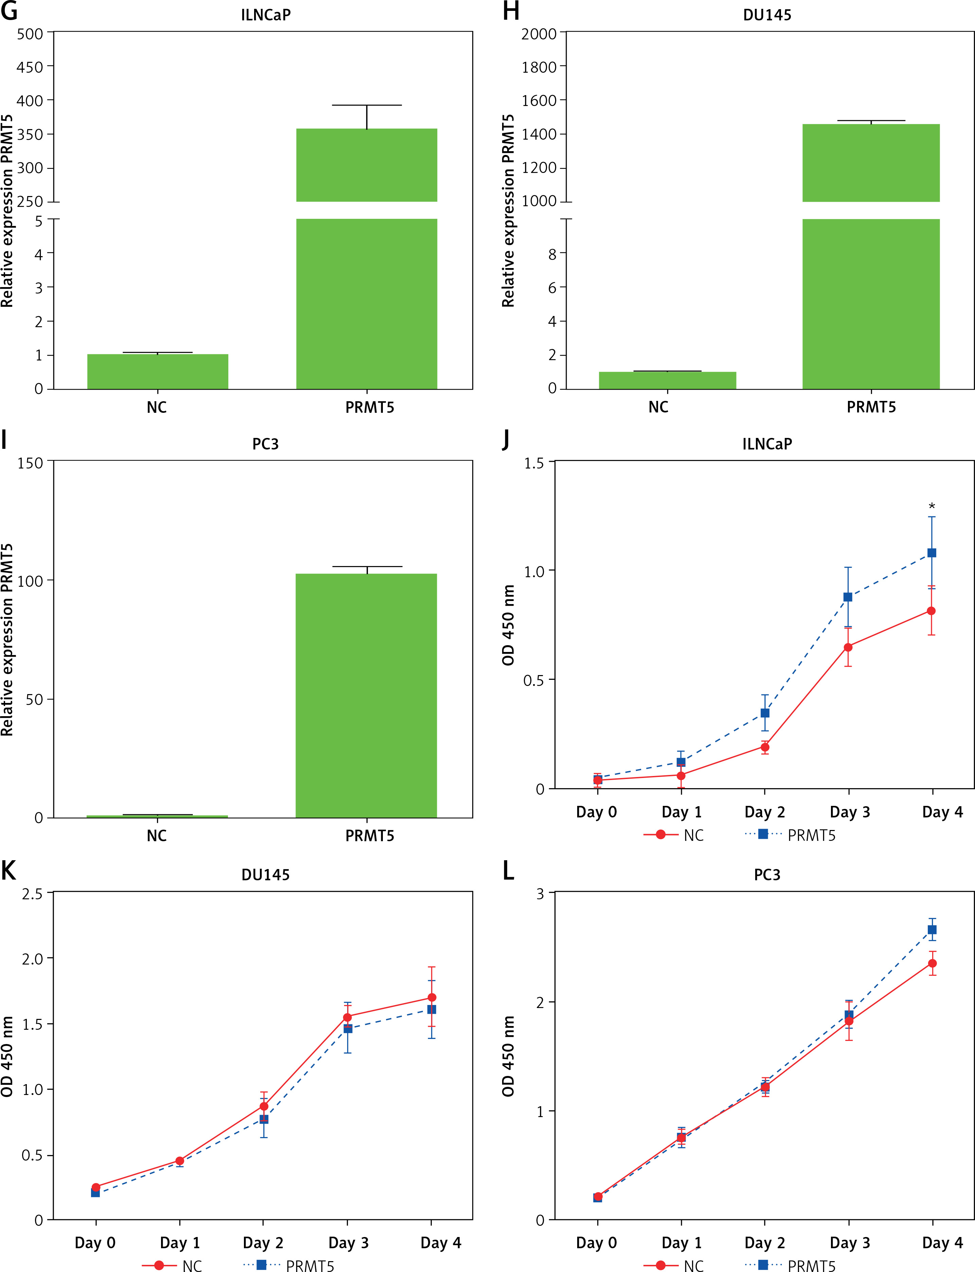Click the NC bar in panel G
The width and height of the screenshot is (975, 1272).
coord(157,371)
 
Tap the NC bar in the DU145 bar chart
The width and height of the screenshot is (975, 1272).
coord(668,380)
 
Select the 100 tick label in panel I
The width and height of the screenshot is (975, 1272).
coord(30,581)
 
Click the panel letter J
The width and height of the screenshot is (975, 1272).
coord(506,440)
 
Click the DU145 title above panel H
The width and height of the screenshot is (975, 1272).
coord(767,15)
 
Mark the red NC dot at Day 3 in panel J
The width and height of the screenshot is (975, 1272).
coord(848,647)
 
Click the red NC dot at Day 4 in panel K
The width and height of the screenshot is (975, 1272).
coord(432,997)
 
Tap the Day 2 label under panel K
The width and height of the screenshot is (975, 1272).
coord(263,1242)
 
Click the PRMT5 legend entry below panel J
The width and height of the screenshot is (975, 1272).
coord(811,836)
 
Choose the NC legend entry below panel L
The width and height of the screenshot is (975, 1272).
coord(693,1266)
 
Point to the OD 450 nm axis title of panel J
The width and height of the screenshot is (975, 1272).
coord(508,625)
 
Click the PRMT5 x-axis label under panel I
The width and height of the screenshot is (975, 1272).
coord(370,836)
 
